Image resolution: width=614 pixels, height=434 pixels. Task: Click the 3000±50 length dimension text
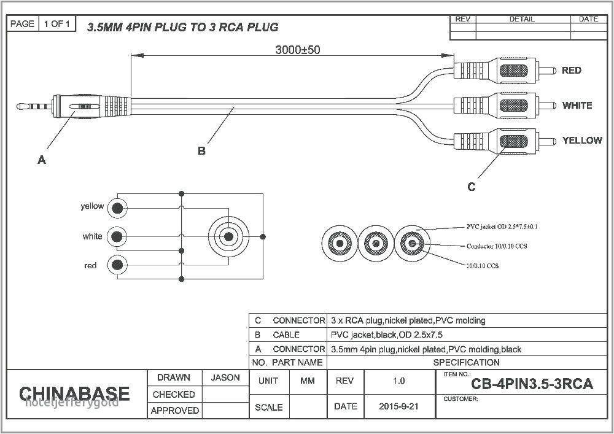(297, 50)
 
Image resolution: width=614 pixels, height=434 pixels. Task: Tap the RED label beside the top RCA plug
(571, 71)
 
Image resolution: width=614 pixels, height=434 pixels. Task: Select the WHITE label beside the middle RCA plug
(577, 106)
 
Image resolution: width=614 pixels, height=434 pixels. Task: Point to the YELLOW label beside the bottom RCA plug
(581, 141)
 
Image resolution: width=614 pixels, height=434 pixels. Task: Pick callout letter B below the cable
(201, 151)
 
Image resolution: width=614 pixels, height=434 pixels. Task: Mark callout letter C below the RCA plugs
(471, 187)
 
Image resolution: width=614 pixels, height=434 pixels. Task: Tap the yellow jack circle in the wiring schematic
(117, 208)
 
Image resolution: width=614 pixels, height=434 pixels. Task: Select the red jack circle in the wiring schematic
(117, 265)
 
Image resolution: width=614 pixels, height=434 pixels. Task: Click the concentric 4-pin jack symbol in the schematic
(228, 236)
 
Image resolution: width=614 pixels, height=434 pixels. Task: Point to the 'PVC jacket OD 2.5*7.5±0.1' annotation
(502, 227)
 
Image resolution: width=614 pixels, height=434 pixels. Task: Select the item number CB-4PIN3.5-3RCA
(532, 384)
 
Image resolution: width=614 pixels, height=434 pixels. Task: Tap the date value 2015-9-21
(398, 406)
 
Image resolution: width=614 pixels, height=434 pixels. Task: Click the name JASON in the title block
(225, 378)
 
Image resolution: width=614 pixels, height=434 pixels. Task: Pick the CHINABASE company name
(74, 393)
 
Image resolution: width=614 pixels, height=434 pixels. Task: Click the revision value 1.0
(398, 381)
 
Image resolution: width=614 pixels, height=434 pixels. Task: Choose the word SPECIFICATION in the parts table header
(466, 362)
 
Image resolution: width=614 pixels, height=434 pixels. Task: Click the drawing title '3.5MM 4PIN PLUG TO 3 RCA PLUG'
(182, 27)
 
